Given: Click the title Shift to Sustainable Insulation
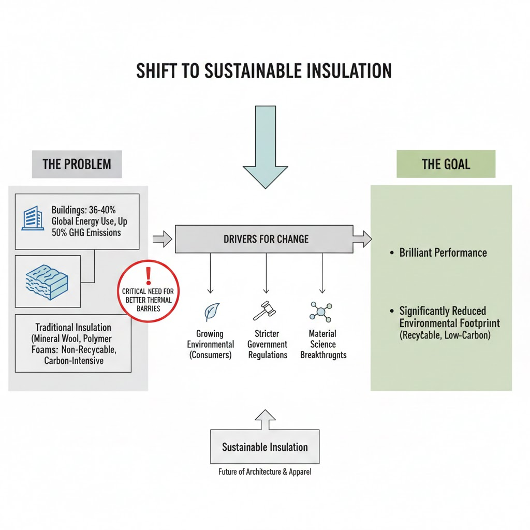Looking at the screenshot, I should coord(264,70).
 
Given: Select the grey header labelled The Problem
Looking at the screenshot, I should coord(77,165).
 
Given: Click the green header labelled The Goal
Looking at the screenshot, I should coord(446,165).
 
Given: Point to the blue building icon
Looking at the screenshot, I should coord(32,218).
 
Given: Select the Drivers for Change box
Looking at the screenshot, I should coord(264,239).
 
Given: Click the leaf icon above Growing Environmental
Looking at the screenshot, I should coord(211,312).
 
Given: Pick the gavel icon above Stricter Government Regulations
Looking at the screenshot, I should coord(265,312).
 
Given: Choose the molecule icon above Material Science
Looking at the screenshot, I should coord(321,312).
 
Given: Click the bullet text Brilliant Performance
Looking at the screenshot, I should coord(443,253).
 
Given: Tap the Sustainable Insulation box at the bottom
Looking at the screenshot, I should coord(264,447).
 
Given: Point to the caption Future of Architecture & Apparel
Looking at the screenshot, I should coord(264,472).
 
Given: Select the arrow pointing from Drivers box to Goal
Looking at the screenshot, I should coord(362,239).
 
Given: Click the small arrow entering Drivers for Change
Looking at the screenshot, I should coord(163,239).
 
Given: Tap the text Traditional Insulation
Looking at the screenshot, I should coord(73,328).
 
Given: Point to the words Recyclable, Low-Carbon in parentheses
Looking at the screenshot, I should coord(445,335).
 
